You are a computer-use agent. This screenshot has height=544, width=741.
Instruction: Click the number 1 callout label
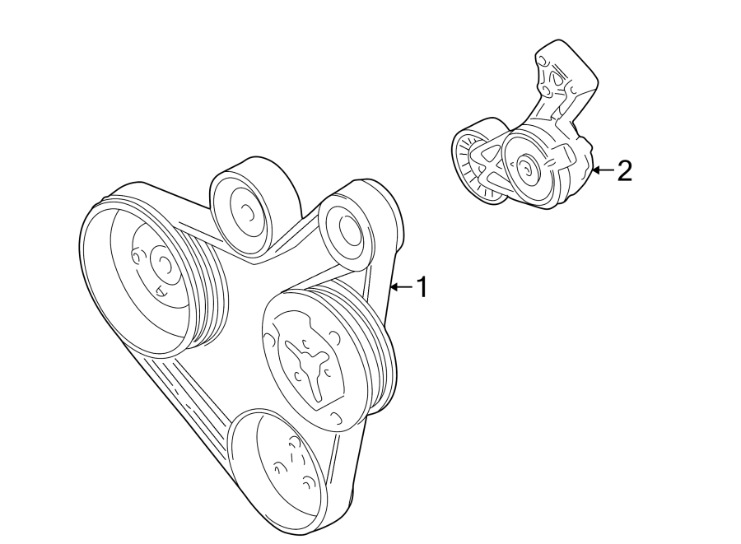tap(422, 287)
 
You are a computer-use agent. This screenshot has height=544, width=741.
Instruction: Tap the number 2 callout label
tap(624, 170)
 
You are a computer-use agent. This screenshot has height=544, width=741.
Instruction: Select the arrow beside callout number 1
tap(401, 287)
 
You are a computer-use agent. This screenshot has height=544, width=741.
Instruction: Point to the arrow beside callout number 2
tap(603, 170)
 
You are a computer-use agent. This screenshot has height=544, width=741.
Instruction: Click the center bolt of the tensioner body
tap(524, 170)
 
